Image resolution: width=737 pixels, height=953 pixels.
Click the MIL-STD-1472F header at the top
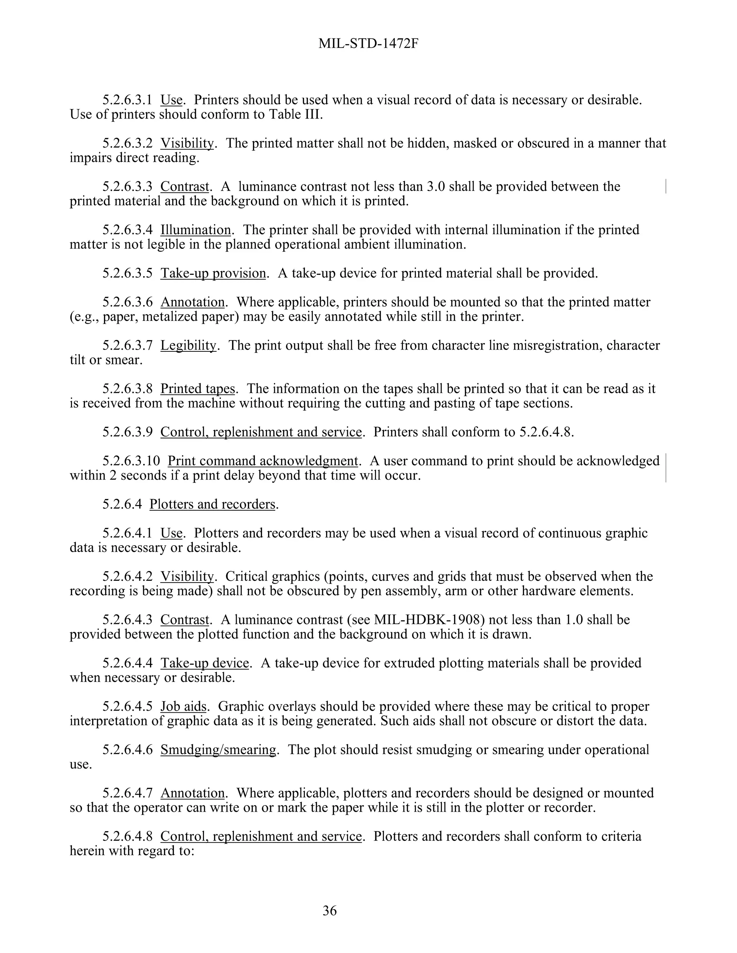[368, 44]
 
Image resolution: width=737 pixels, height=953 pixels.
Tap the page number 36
[330, 910]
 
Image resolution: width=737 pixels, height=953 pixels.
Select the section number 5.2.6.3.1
[127, 100]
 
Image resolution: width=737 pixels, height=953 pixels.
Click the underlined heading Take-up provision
[213, 273]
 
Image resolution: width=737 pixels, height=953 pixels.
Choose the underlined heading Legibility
[188, 346]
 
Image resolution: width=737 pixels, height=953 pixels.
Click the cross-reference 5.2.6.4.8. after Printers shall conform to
[547, 432]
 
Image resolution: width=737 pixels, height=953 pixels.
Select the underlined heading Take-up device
[204, 663]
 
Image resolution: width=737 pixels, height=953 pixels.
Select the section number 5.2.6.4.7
[127, 793]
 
